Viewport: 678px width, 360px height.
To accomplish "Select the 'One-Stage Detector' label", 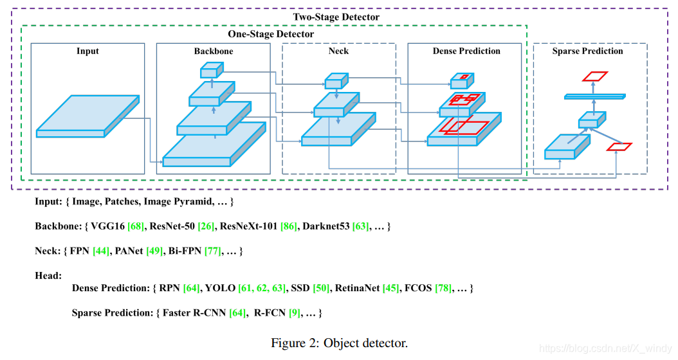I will (x=271, y=33).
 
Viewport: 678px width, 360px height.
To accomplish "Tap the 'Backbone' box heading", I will (x=214, y=51).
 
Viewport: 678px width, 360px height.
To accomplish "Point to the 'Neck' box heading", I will (x=338, y=51).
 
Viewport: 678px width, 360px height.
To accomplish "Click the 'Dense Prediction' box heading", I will (x=466, y=51).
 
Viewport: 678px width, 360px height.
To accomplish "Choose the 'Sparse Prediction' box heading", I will (x=587, y=51).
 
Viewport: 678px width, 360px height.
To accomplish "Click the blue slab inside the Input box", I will (x=87, y=116).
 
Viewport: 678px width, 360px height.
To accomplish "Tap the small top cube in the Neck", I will (x=336, y=81).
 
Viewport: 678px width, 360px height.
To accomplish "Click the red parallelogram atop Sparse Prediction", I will (x=594, y=76).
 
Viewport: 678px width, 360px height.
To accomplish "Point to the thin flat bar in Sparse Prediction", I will (x=594, y=96).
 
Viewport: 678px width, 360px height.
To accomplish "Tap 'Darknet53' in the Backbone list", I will (x=325, y=226).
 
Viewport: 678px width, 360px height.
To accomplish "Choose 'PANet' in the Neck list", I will (x=127, y=250).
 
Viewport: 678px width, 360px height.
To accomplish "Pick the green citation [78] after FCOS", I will (x=443, y=288).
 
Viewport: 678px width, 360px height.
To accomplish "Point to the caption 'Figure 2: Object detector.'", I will (x=339, y=343).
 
